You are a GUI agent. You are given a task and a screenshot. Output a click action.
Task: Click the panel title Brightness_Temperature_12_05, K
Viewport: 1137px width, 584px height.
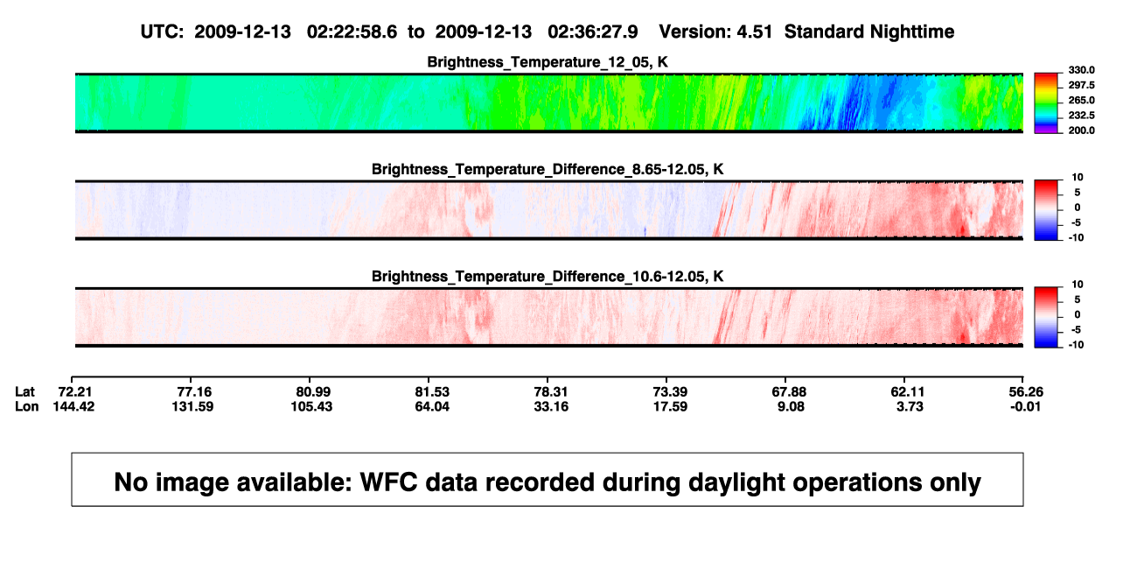point(548,62)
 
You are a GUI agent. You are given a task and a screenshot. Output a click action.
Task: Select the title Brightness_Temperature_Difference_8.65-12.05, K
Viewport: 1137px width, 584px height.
point(548,169)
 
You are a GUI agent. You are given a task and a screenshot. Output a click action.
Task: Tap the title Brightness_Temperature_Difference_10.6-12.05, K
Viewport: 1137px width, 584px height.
point(548,277)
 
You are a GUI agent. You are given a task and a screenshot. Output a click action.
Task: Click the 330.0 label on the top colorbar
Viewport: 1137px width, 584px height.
point(1081,70)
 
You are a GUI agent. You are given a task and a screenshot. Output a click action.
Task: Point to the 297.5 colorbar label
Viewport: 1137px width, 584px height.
point(1081,85)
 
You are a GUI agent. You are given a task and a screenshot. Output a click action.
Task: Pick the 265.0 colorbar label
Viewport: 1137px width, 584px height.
point(1081,100)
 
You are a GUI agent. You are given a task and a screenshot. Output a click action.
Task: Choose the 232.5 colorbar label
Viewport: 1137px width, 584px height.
point(1081,116)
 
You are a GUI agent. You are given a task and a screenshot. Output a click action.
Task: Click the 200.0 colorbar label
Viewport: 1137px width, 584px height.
point(1081,130)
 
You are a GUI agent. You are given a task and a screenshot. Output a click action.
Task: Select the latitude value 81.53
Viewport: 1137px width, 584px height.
point(432,392)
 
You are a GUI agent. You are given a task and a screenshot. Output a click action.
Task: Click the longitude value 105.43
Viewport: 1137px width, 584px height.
point(311,406)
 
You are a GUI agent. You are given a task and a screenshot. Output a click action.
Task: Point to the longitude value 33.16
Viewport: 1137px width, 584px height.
point(551,406)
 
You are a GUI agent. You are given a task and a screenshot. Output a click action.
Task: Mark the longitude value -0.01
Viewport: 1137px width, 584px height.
point(1025,406)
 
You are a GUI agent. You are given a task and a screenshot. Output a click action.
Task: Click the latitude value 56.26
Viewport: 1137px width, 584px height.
point(1026,392)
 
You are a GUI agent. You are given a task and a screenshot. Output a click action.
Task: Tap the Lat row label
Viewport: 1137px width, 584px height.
point(24,392)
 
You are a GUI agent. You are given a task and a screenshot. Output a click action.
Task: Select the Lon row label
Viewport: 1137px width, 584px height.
point(27,406)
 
